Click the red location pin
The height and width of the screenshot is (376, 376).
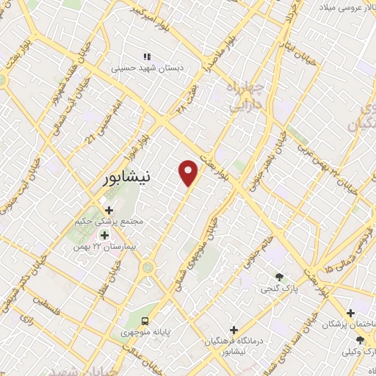point(189,172)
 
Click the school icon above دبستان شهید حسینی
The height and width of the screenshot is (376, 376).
point(146,56)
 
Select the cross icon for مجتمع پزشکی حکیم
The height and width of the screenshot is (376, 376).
point(109,210)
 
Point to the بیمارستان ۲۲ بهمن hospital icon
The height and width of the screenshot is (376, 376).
point(105,236)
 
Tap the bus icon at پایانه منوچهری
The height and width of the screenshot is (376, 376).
point(145,320)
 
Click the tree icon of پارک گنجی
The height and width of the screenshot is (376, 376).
point(279,276)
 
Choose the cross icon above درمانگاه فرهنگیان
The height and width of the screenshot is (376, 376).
point(234,330)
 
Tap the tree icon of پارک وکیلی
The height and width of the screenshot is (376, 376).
point(359,339)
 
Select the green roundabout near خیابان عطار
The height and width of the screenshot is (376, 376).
point(148,269)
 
